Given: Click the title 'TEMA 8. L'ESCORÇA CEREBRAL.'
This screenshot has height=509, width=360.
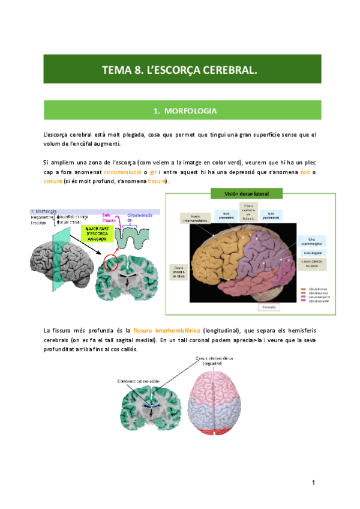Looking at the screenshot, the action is point(179,70).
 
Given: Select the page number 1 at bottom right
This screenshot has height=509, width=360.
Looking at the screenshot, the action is point(313,483).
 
